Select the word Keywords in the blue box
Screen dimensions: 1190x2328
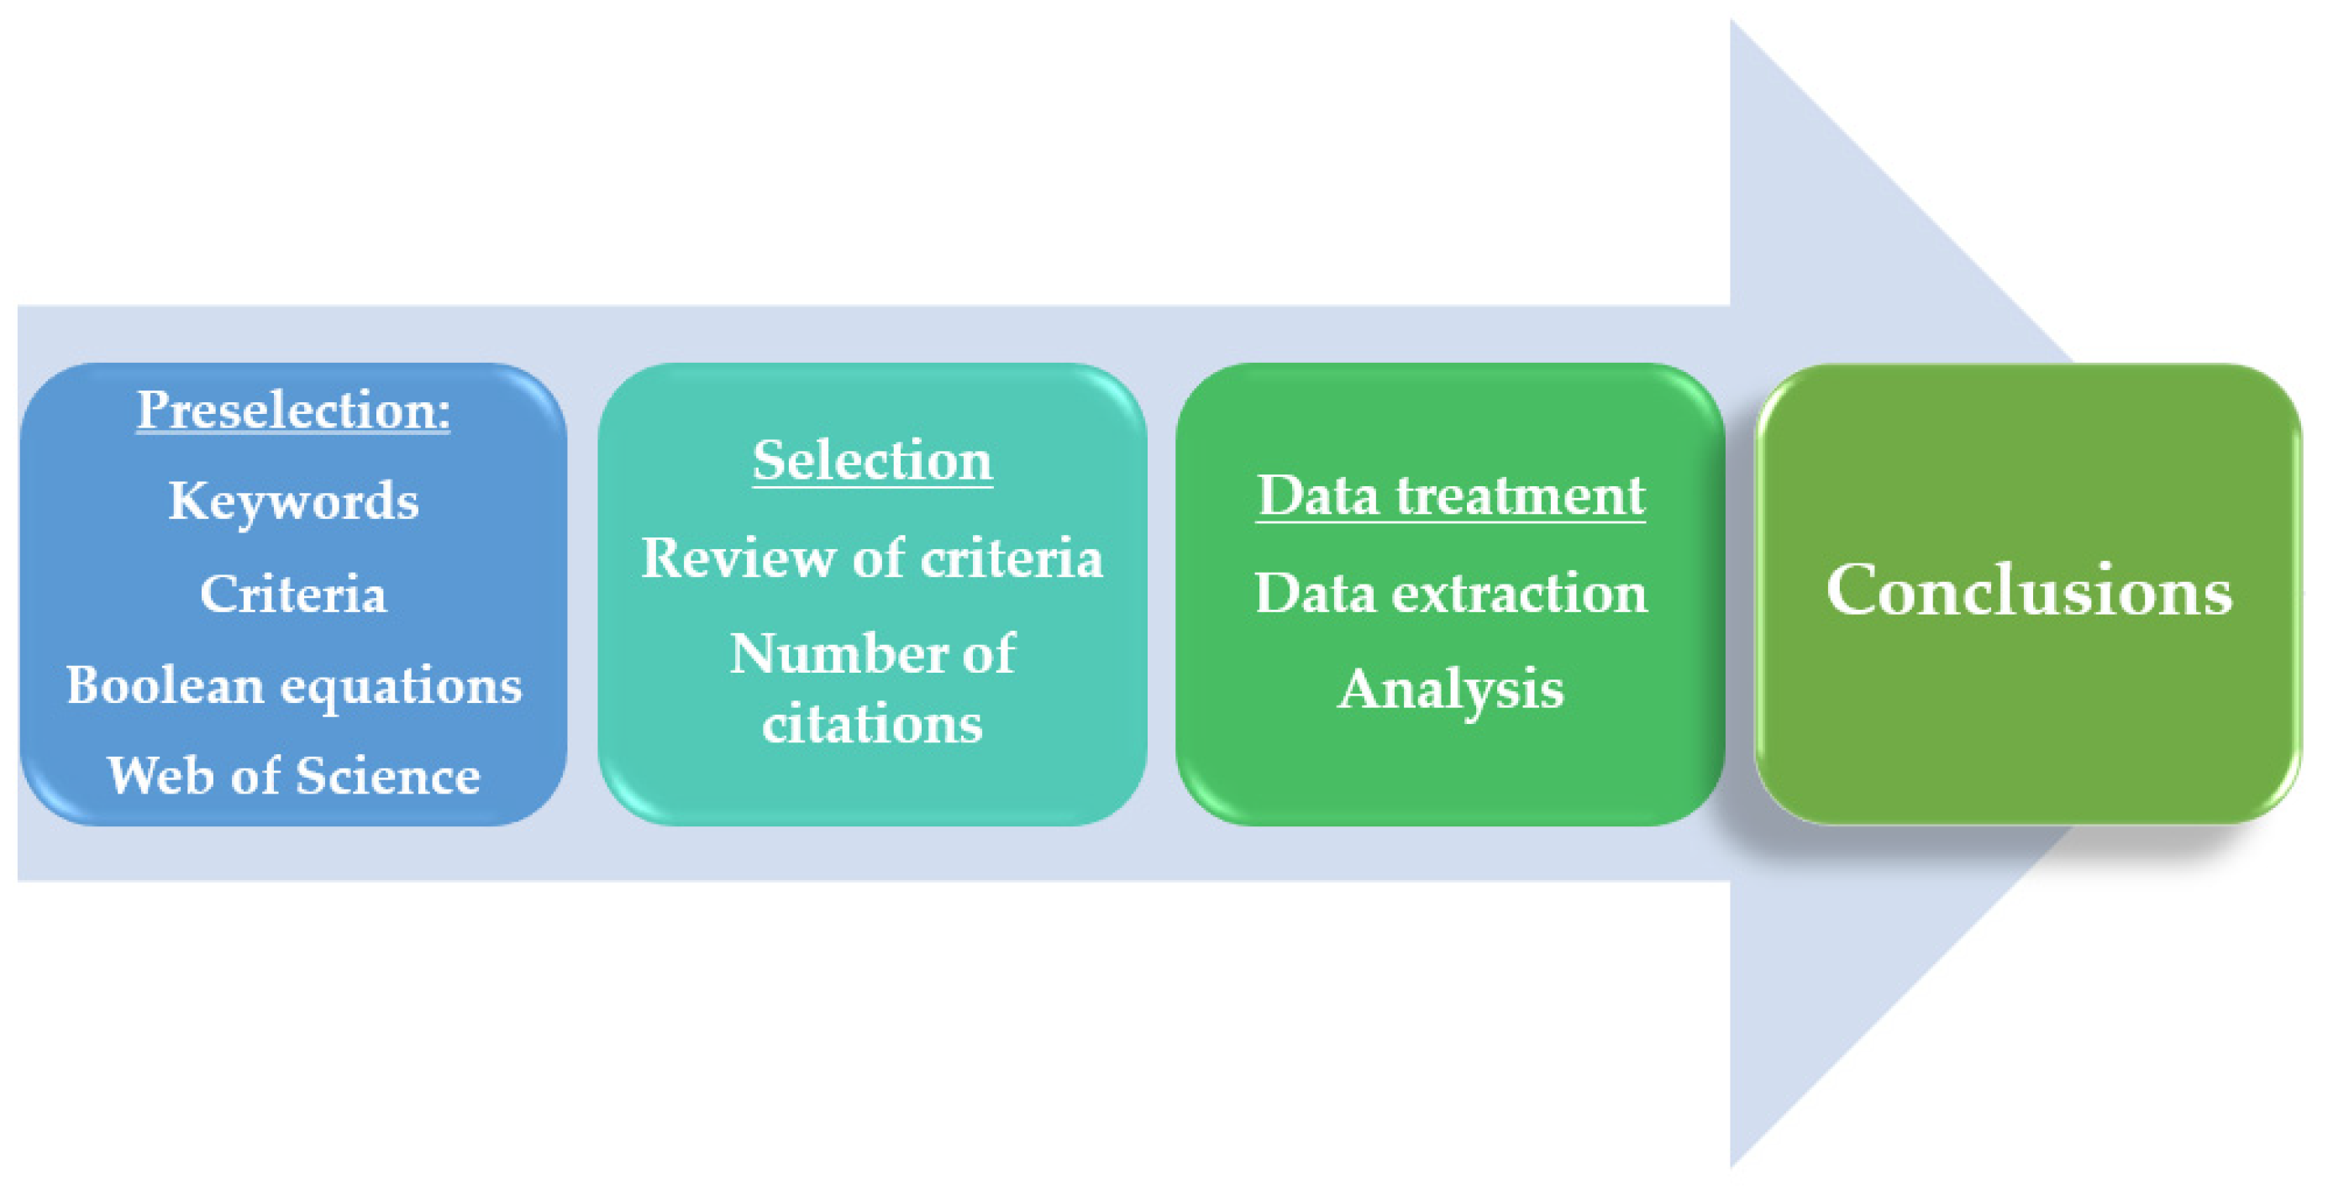tap(293, 501)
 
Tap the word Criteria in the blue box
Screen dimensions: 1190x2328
tap(293, 594)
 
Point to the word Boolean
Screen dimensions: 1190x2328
tap(165, 685)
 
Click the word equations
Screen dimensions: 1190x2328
tap(402, 687)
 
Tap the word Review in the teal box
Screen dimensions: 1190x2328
tap(739, 558)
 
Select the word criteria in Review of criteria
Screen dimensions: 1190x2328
tap(1012, 558)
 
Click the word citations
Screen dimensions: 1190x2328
tap(872, 724)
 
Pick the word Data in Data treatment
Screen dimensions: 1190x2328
tap(1318, 495)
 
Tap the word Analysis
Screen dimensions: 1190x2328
tap(1449, 689)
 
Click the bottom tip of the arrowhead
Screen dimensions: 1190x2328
tap(1732, 1166)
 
